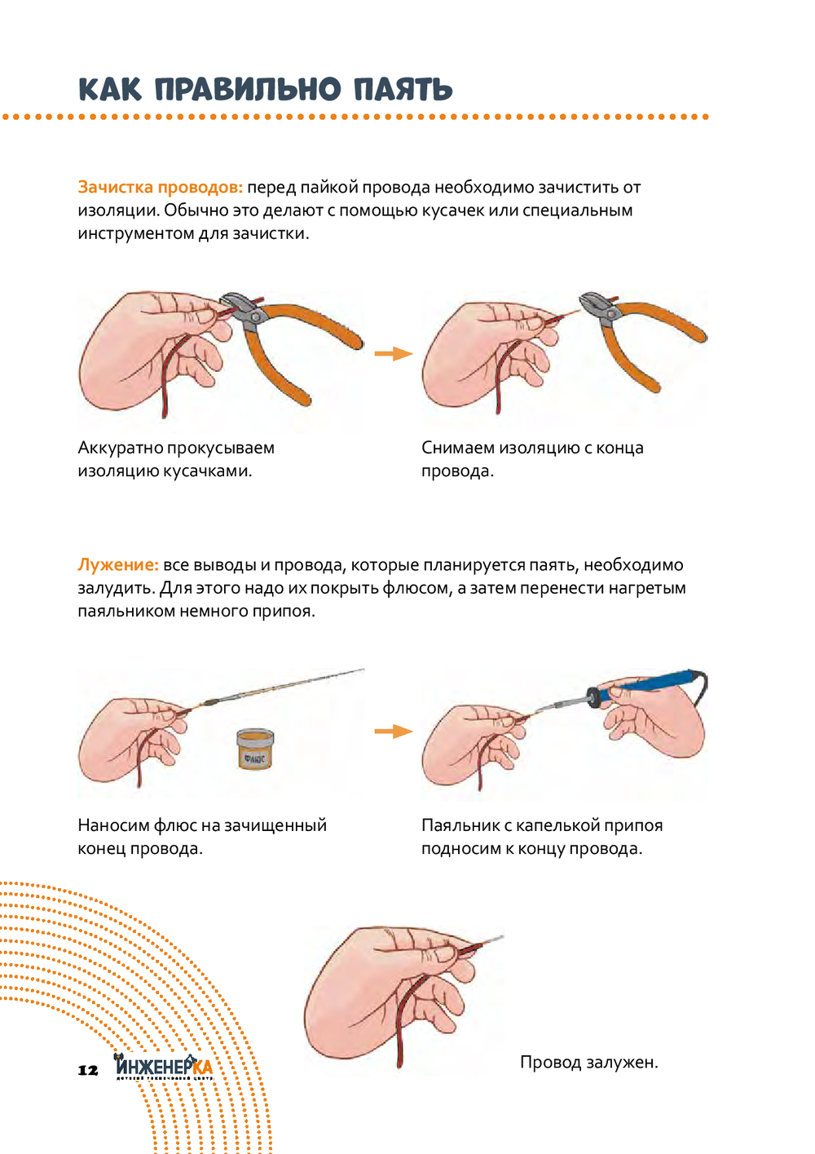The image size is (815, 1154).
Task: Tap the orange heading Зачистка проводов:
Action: tap(160, 188)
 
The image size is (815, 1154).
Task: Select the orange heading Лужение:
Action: tap(118, 564)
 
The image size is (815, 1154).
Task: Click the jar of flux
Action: tap(255, 749)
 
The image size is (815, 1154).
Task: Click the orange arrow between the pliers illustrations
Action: tap(394, 353)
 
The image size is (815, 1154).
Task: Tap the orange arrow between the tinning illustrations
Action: tap(394, 731)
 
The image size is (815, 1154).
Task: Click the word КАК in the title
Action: tap(110, 89)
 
